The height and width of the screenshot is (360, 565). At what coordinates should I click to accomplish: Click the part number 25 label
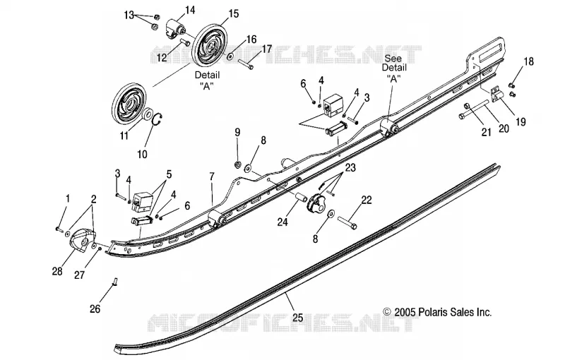coord(298,318)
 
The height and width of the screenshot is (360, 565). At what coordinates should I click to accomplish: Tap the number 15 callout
coord(233,14)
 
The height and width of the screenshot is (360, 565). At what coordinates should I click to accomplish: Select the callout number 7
coord(212,176)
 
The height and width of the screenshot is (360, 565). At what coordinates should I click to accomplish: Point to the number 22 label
coord(366,200)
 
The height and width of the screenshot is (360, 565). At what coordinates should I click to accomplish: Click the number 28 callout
coord(57,271)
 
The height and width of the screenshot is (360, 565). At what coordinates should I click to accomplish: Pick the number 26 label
coord(95,308)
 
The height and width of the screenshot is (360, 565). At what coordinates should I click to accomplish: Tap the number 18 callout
coord(528,61)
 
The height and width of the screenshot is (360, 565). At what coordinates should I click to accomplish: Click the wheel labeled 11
coord(127,104)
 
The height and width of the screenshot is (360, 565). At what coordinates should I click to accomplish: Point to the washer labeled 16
coord(229,56)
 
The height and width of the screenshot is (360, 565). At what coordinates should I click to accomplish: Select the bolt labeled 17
coord(246,64)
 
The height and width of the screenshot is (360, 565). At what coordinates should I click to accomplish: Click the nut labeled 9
coord(237,164)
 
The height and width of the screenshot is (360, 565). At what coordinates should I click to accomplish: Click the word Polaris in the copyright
coord(434,312)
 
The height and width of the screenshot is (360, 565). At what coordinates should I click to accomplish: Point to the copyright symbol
coord(387,312)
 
